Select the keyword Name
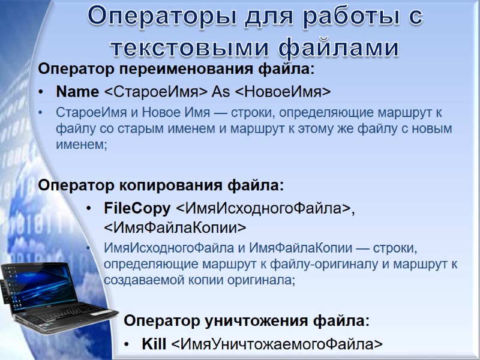(77, 92)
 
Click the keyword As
(221, 92)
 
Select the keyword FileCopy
(137, 209)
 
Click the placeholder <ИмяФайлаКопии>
(175, 227)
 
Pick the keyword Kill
(154, 344)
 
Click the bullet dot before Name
(41, 92)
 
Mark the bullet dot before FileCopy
(89, 209)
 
